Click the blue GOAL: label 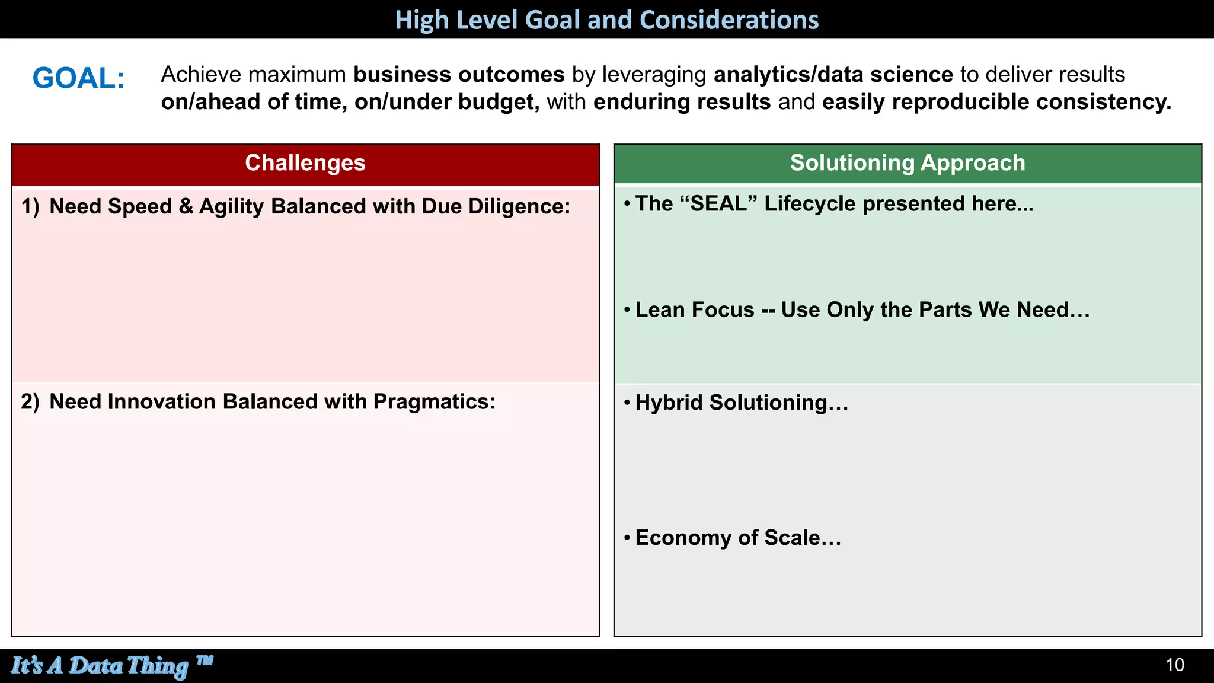[78, 78]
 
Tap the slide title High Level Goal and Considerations [606, 20]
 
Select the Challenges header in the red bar [305, 163]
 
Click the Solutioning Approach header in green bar [907, 163]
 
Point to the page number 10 [1174, 665]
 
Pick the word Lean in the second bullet [657, 310]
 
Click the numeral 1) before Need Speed [30, 206]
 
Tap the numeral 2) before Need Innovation [30, 402]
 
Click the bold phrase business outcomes [459, 75]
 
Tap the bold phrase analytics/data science [833, 75]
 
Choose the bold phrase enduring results [682, 102]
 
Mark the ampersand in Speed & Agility [186, 206]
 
